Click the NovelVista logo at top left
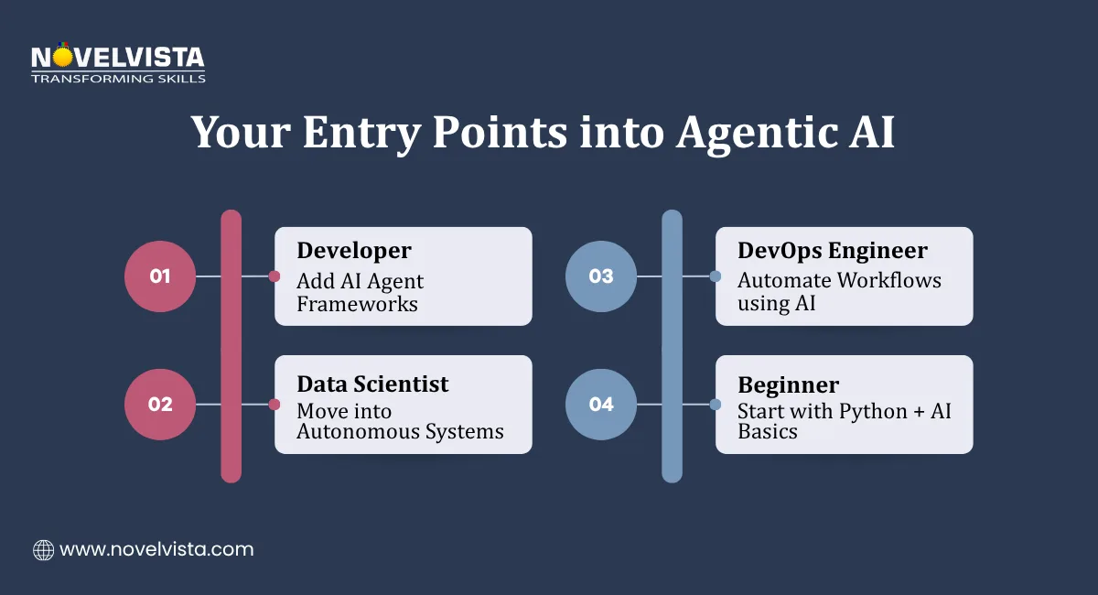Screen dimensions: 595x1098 tap(117, 57)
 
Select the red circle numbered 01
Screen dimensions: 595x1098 tap(160, 276)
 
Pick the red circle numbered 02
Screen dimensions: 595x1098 tap(160, 404)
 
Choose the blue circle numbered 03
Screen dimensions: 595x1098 tap(601, 276)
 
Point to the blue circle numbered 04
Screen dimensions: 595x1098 tap(601, 404)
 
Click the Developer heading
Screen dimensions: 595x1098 tap(353, 251)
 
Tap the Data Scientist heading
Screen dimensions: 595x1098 tap(372, 384)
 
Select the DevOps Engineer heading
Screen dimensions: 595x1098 tap(833, 251)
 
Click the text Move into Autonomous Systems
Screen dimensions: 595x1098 tap(400, 421)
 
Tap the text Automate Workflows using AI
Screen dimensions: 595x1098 tap(839, 291)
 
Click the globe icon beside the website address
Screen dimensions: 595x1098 tap(43, 550)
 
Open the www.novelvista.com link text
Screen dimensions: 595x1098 tap(156, 550)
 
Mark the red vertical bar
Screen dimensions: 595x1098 tap(231, 346)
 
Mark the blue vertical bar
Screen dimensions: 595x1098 tap(672, 346)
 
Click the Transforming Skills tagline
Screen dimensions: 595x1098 tap(118, 79)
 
